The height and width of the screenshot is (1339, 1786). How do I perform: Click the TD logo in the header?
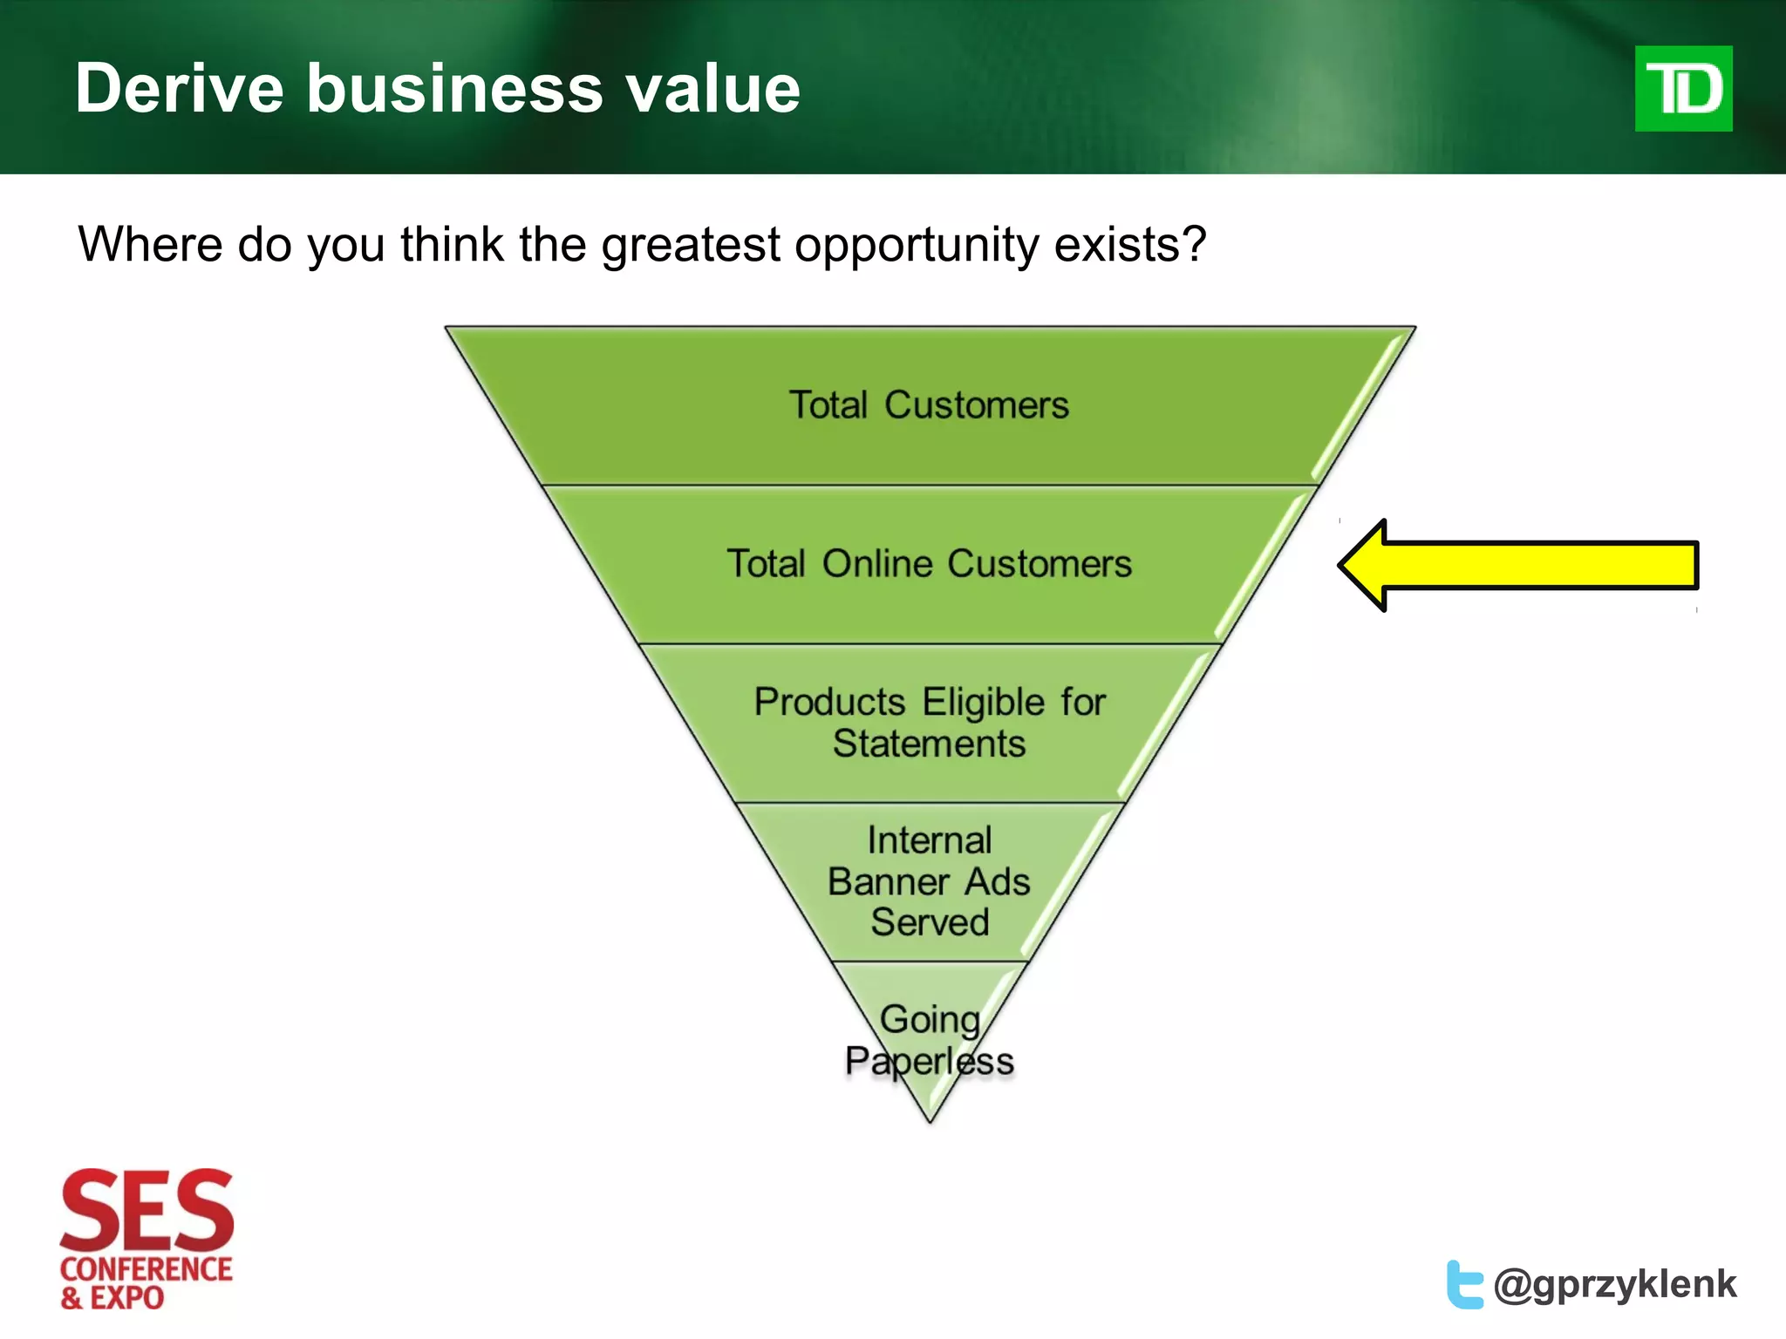(1682, 89)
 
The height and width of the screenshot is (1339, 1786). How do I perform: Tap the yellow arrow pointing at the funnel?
(1517, 565)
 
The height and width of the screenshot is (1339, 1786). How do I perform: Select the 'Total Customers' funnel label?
(929, 405)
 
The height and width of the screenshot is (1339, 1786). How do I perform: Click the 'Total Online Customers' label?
(929, 564)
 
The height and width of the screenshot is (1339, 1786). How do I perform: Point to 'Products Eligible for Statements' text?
(929, 723)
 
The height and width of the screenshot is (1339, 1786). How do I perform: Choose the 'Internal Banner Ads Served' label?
(929, 881)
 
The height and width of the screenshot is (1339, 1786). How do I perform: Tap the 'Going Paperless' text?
(929, 1040)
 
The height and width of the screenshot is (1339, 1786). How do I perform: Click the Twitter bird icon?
(1464, 1284)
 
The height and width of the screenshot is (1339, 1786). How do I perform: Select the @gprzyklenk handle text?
(1615, 1284)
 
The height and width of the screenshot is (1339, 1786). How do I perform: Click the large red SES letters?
(147, 1210)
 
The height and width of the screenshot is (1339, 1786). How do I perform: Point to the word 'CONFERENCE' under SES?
(147, 1269)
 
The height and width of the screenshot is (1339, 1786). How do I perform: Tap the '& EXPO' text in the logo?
(112, 1298)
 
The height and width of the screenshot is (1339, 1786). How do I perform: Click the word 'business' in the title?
(454, 89)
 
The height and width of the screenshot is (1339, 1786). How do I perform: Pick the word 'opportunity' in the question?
(916, 246)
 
